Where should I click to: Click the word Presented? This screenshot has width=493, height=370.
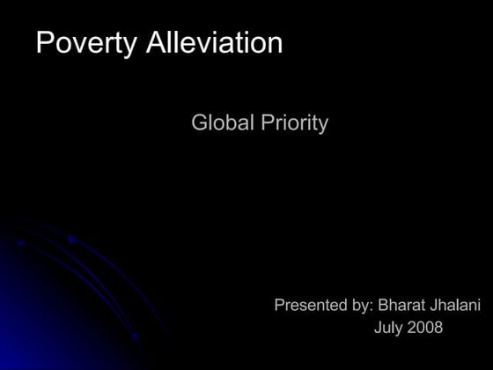(311, 306)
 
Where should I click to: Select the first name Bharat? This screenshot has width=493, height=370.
(401, 306)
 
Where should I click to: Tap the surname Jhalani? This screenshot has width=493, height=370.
(454, 306)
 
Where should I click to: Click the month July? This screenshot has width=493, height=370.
(388, 329)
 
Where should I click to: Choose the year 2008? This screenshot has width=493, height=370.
(425, 329)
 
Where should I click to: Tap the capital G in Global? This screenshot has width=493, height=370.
(199, 123)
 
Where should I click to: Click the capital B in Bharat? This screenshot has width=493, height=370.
(383, 306)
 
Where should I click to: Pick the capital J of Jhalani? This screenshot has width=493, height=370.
(431, 306)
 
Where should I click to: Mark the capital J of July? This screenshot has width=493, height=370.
(378, 329)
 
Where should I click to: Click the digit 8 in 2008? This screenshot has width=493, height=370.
(438, 329)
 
